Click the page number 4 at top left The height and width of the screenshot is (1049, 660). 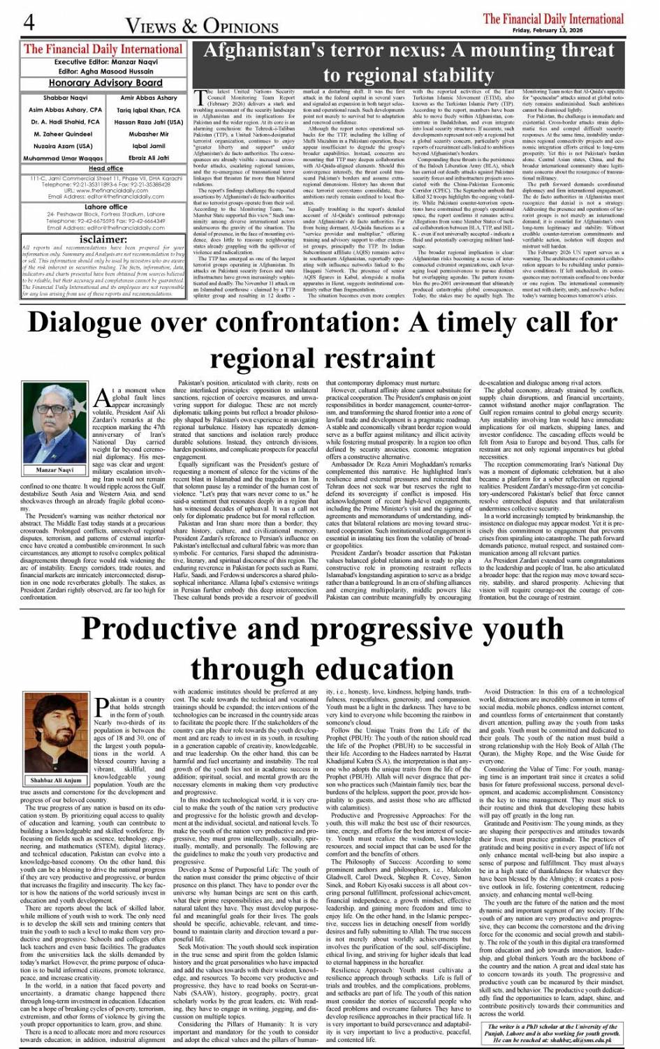tap(29, 22)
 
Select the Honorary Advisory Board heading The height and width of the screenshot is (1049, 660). tap(105, 82)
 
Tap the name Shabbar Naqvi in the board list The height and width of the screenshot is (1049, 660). tap(65, 98)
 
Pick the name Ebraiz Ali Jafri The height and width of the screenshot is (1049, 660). tap(149, 158)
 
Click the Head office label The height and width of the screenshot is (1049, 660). tap(105, 168)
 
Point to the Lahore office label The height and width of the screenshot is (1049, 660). tap(105, 207)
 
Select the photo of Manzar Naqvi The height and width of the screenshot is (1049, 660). tap(55, 422)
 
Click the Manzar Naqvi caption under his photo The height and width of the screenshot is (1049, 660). tap(55, 470)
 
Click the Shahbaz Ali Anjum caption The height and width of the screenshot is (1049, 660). tap(56, 780)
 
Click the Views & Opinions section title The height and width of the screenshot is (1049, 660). tap(202, 26)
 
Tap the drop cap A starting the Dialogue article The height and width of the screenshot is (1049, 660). tap(102, 397)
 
